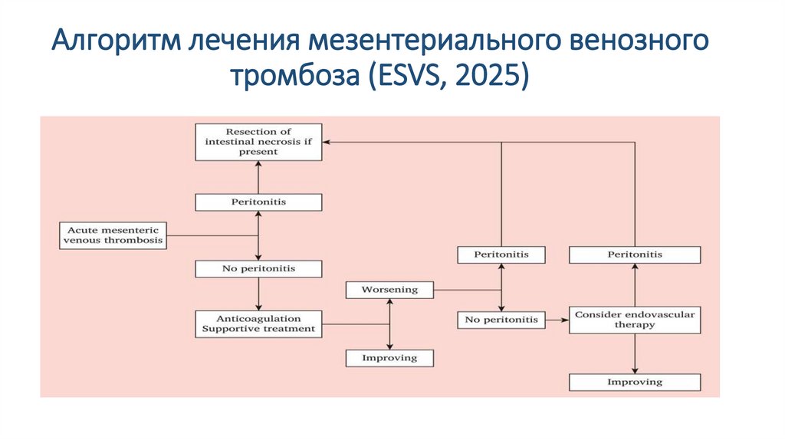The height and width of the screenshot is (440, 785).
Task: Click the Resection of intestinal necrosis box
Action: pyautogui.click(x=258, y=142)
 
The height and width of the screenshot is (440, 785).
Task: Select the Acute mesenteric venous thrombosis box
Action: pyautogui.click(x=112, y=235)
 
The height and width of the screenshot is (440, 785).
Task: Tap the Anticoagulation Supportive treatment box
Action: pyautogui.click(x=258, y=323)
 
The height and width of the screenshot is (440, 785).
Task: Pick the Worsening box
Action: pyautogui.click(x=389, y=290)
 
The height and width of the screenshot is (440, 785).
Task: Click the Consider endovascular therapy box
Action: pyautogui.click(x=634, y=320)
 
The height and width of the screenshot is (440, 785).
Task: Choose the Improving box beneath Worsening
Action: pyautogui.click(x=389, y=357)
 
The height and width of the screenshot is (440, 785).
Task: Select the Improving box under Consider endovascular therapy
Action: pyautogui.click(x=634, y=382)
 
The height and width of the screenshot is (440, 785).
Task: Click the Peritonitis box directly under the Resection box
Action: pyautogui.click(x=258, y=202)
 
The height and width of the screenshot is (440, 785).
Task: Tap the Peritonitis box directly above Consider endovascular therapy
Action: pyautogui.click(x=634, y=254)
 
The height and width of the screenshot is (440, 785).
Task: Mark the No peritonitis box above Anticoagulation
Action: pyautogui.click(x=258, y=269)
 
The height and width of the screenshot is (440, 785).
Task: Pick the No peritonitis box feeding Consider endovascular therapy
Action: pyautogui.click(x=501, y=319)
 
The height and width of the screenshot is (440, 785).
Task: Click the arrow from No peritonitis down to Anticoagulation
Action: pyautogui.click(x=258, y=294)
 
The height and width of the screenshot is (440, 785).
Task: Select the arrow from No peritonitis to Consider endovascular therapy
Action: pyautogui.click(x=557, y=319)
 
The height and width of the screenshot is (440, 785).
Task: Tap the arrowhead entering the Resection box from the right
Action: pyautogui.click(x=326, y=142)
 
